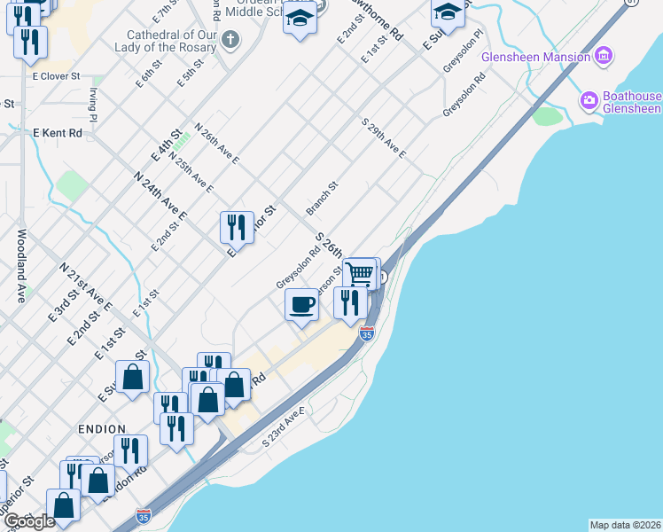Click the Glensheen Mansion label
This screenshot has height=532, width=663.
click(535, 58)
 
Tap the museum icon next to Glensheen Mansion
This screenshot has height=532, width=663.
click(604, 57)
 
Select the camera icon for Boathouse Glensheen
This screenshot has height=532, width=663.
click(589, 101)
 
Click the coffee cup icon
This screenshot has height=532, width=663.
click(301, 306)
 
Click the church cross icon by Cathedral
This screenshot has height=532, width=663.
click(230, 39)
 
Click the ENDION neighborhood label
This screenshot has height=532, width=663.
click(102, 428)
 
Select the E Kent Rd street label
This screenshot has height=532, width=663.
click(58, 133)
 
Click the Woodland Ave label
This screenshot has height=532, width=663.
click(21, 266)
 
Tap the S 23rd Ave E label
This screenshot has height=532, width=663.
click(284, 426)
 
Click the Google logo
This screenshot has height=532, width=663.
click(29, 521)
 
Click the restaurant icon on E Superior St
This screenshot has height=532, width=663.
click(237, 227)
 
